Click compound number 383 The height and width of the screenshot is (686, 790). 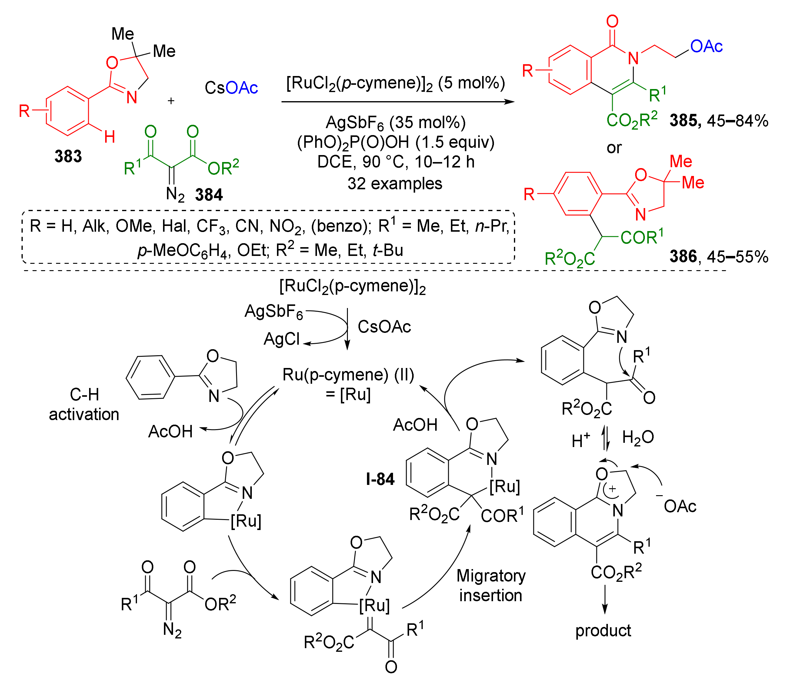pos(68,156)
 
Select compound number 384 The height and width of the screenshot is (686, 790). pos(209,195)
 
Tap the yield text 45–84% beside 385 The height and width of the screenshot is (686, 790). pos(737,121)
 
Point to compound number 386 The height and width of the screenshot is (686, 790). pos(683,257)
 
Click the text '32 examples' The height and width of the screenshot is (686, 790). pos(395,184)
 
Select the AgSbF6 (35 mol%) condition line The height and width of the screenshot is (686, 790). pos(395,122)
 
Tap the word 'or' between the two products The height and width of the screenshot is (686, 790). pos(614,148)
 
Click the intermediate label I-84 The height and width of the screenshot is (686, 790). pos(380,479)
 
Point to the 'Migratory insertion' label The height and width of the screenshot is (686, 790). pos(491,586)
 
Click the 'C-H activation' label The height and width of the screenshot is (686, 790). pos(84,405)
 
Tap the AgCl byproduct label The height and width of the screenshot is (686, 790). pos(282,339)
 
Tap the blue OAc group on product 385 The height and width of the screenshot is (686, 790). pos(707,46)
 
